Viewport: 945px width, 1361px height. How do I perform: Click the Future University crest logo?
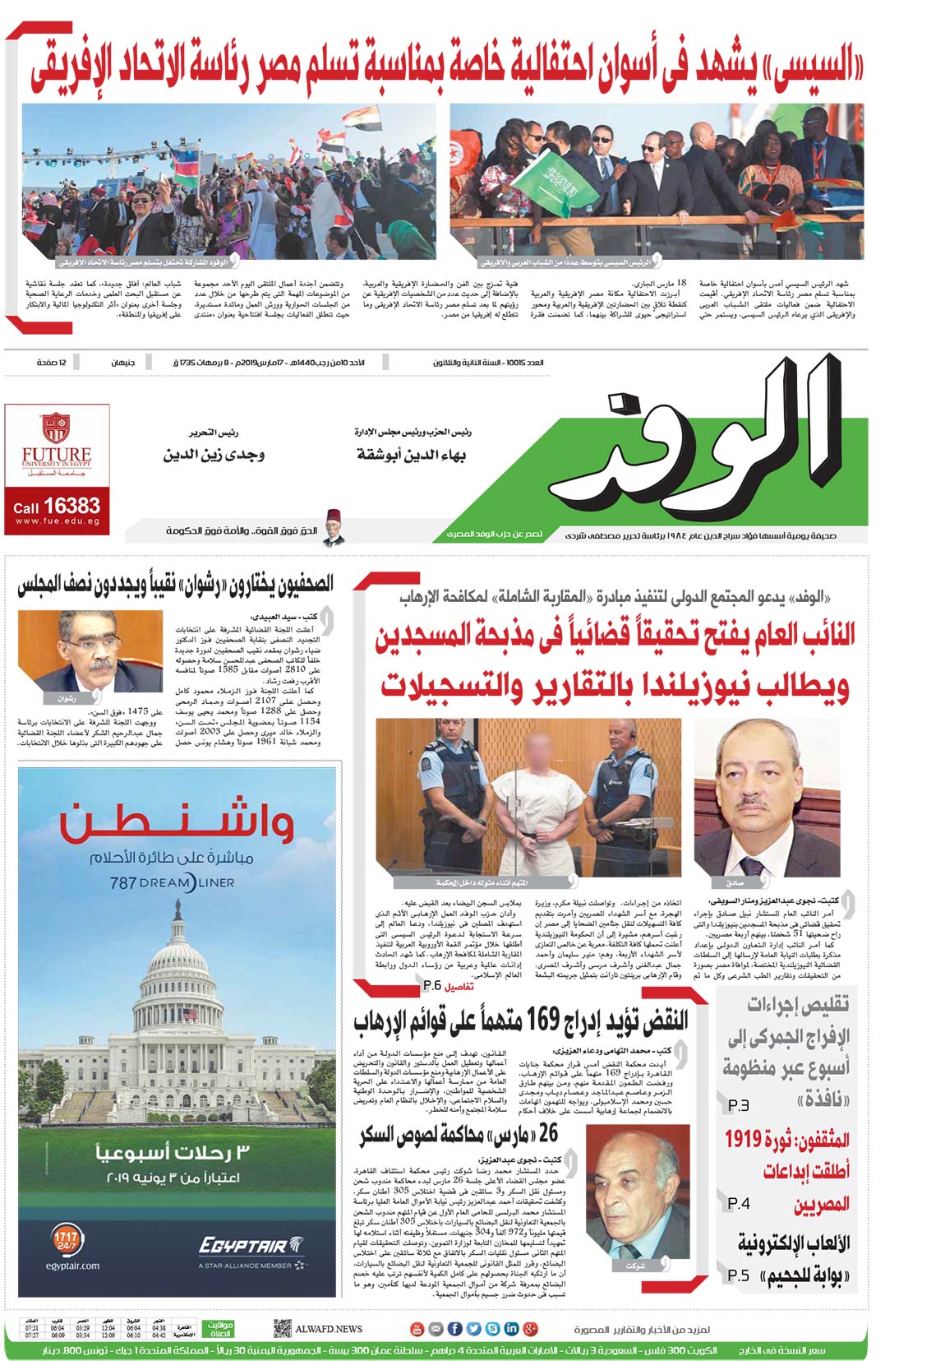coord(56,428)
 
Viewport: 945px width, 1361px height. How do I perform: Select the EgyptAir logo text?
coord(242,1247)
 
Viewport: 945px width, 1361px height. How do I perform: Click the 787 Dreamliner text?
coord(172,882)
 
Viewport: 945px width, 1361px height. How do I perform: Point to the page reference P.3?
coord(738,1107)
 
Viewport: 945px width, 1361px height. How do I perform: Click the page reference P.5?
coord(738,1275)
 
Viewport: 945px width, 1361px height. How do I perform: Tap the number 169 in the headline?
coord(542,1020)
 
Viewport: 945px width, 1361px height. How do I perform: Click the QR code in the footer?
coord(282,1328)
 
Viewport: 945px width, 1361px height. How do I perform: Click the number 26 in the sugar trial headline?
coord(548,1133)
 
